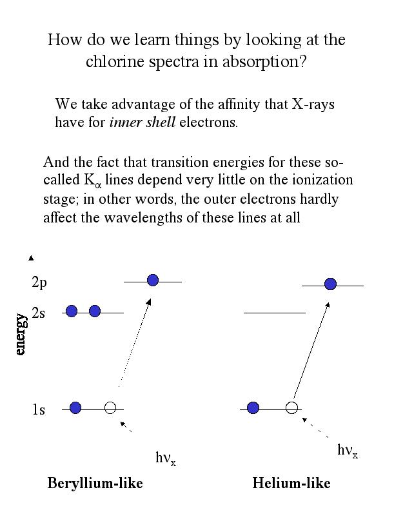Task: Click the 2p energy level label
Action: [39, 282]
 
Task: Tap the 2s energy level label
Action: [39, 313]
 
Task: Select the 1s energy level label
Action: [39, 410]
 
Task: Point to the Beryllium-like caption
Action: [95, 484]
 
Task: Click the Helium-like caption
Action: [291, 484]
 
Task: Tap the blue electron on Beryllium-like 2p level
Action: [153, 280]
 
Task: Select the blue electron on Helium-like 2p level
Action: [330, 283]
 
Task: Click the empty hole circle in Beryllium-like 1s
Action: [110, 407]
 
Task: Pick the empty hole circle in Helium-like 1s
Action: [291, 407]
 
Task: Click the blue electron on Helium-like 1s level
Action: [253, 407]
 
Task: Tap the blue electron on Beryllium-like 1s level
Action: [75, 407]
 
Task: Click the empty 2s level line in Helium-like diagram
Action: [274, 313]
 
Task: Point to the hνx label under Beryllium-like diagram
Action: [165, 458]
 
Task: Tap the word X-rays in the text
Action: [313, 104]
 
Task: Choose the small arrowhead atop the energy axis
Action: [30, 258]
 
